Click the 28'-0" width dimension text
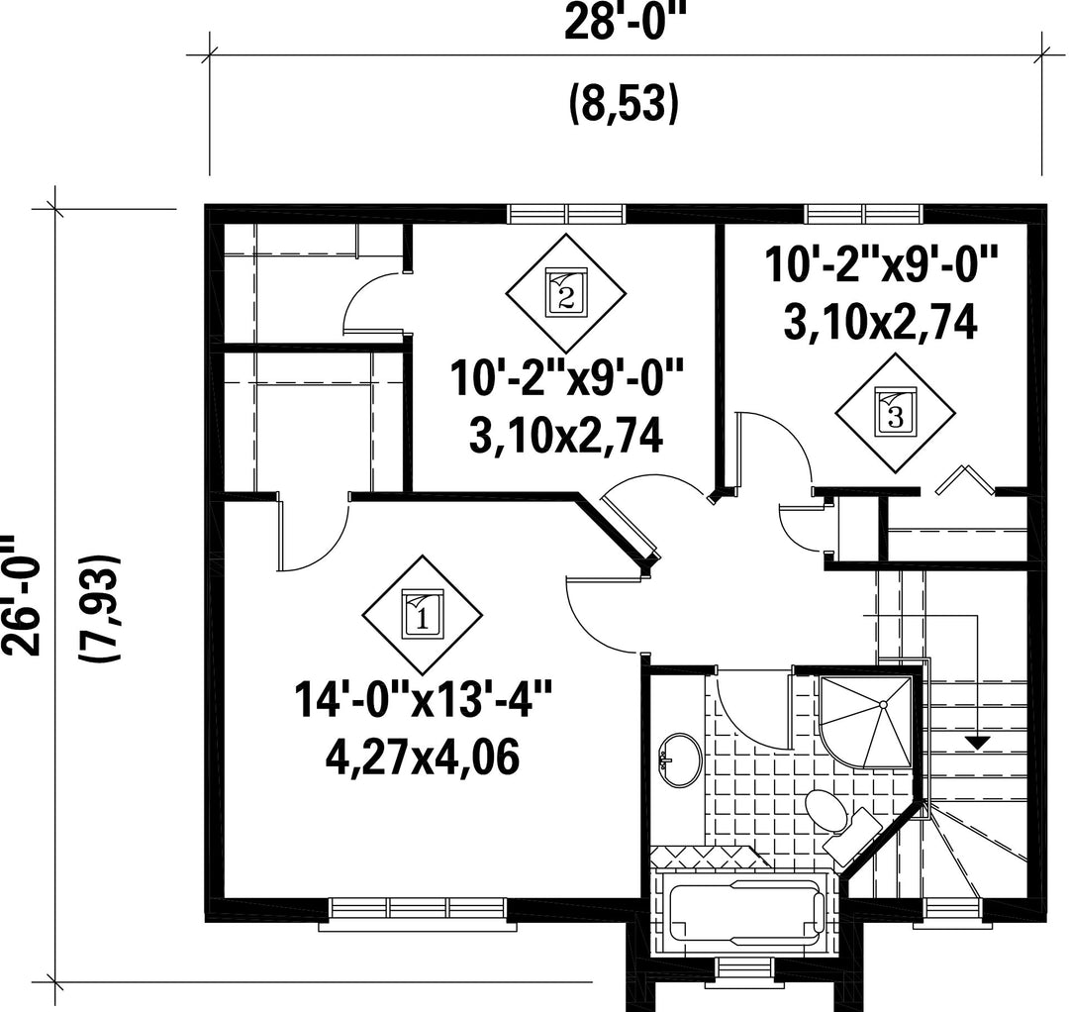tap(624, 23)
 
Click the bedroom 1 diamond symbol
tap(422, 614)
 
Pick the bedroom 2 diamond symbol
tap(566, 293)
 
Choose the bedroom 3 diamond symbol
tap(896, 413)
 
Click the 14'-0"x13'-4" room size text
tap(423, 700)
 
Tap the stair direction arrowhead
tap(978, 743)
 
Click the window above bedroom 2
tap(566, 214)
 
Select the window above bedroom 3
tap(863, 214)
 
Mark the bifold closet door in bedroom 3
tap(964, 480)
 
